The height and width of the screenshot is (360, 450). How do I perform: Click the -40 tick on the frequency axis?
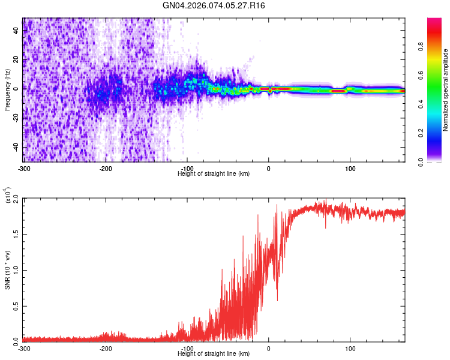(x=15, y=147)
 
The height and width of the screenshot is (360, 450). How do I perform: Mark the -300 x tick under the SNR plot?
(x=24, y=348)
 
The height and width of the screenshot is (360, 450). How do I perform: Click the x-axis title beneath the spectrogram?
(x=214, y=173)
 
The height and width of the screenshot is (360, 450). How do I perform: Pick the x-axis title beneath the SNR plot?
(x=214, y=353)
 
